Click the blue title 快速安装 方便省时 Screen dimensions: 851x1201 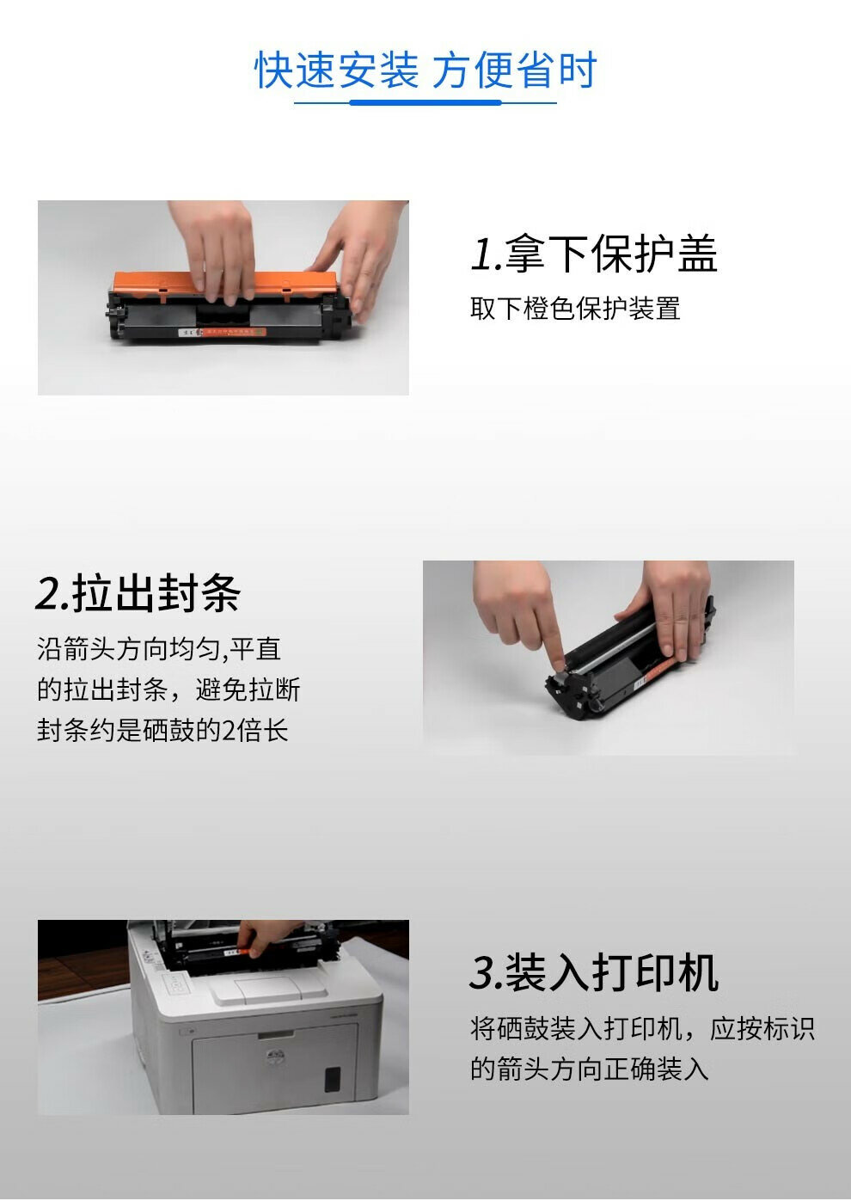point(425,70)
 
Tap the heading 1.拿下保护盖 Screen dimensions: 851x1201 point(594,253)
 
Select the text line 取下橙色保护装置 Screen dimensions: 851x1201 point(575,309)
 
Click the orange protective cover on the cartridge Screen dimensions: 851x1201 point(225,284)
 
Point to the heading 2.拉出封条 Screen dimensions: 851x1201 point(138,592)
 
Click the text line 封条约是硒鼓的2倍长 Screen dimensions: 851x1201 point(162,730)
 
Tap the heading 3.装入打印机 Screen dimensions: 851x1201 point(594,972)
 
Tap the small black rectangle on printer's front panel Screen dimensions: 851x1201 point(333,1079)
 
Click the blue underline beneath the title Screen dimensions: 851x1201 point(425,101)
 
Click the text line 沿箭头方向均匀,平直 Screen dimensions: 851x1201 point(159,649)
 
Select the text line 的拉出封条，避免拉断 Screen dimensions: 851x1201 point(168,689)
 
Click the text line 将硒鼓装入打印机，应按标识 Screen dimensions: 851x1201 point(642,1028)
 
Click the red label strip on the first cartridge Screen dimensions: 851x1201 point(235,333)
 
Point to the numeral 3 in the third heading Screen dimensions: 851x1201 point(481,973)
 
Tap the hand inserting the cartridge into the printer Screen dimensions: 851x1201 point(264,938)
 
